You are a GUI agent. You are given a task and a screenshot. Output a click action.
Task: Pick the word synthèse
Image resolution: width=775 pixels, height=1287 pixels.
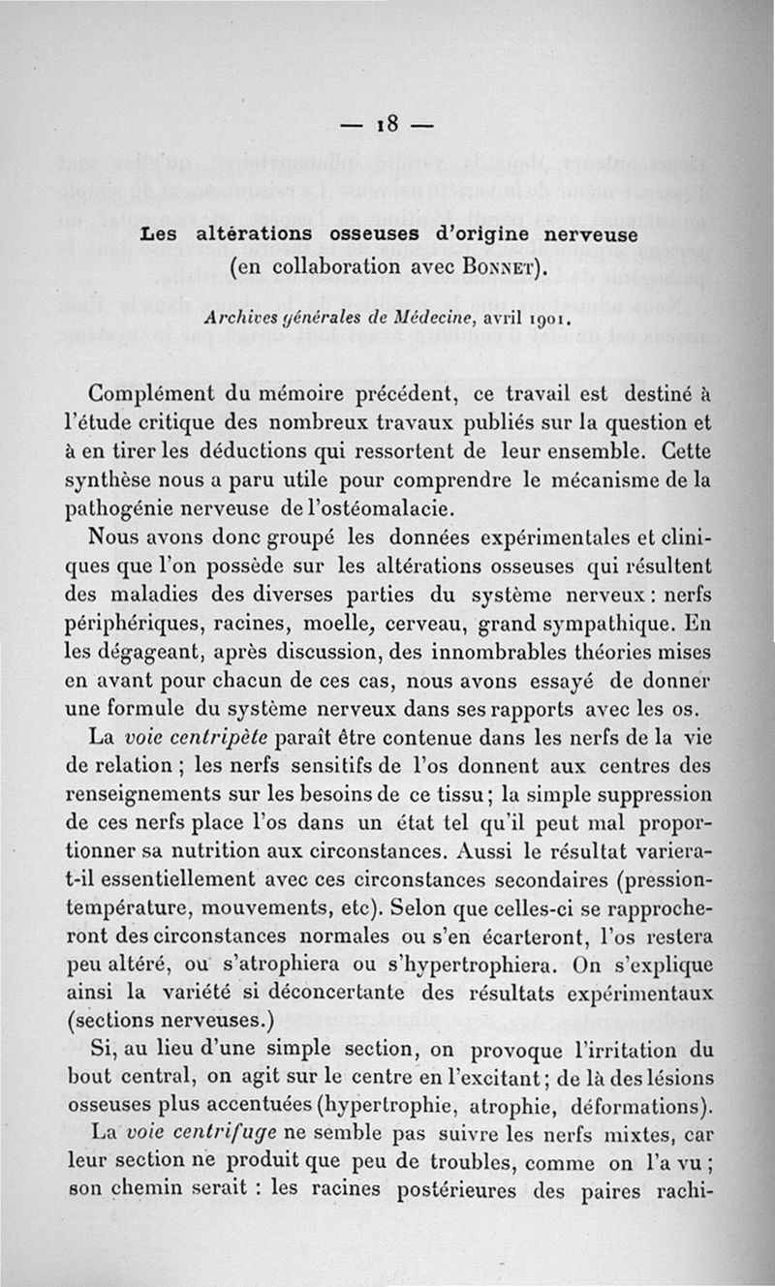click(x=111, y=477)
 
